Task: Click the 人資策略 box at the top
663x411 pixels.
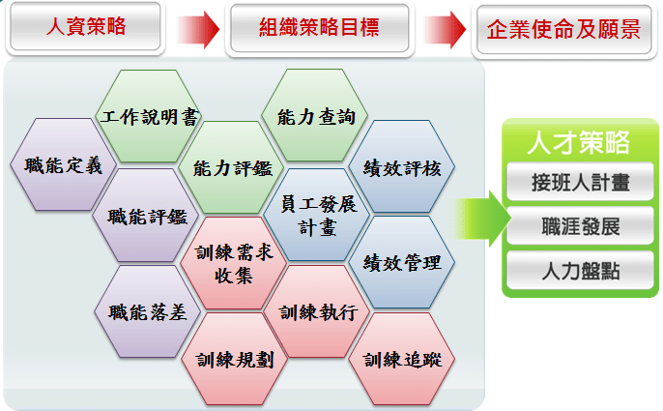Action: (85, 27)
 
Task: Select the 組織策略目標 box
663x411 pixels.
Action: (319, 28)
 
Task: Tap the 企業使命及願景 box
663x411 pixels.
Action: (564, 30)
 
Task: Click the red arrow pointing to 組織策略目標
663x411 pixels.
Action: (198, 30)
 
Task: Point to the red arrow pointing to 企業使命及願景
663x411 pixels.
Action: (445, 30)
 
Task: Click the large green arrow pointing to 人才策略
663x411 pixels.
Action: (482, 219)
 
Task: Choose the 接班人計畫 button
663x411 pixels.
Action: (580, 182)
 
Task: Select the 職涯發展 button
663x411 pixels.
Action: (580, 225)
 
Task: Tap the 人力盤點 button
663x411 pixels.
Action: (580, 270)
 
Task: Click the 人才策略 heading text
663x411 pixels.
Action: (578, 142)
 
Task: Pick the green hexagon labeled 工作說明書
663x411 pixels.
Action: (149, 116)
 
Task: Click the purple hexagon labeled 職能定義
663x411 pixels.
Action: (64, 164)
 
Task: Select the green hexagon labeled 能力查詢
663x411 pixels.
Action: (315, 115)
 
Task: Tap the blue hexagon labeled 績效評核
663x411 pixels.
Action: (402, 166)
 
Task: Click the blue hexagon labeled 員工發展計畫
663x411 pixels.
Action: (317, 215)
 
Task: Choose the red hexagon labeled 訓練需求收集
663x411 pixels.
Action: (234, 263)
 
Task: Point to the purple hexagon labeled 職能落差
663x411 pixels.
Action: (147, 312)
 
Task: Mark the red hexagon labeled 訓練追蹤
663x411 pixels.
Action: (402, 360)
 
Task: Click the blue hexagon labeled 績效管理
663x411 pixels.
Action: (402, 262)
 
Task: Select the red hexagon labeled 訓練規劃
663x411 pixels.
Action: (234, 360)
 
